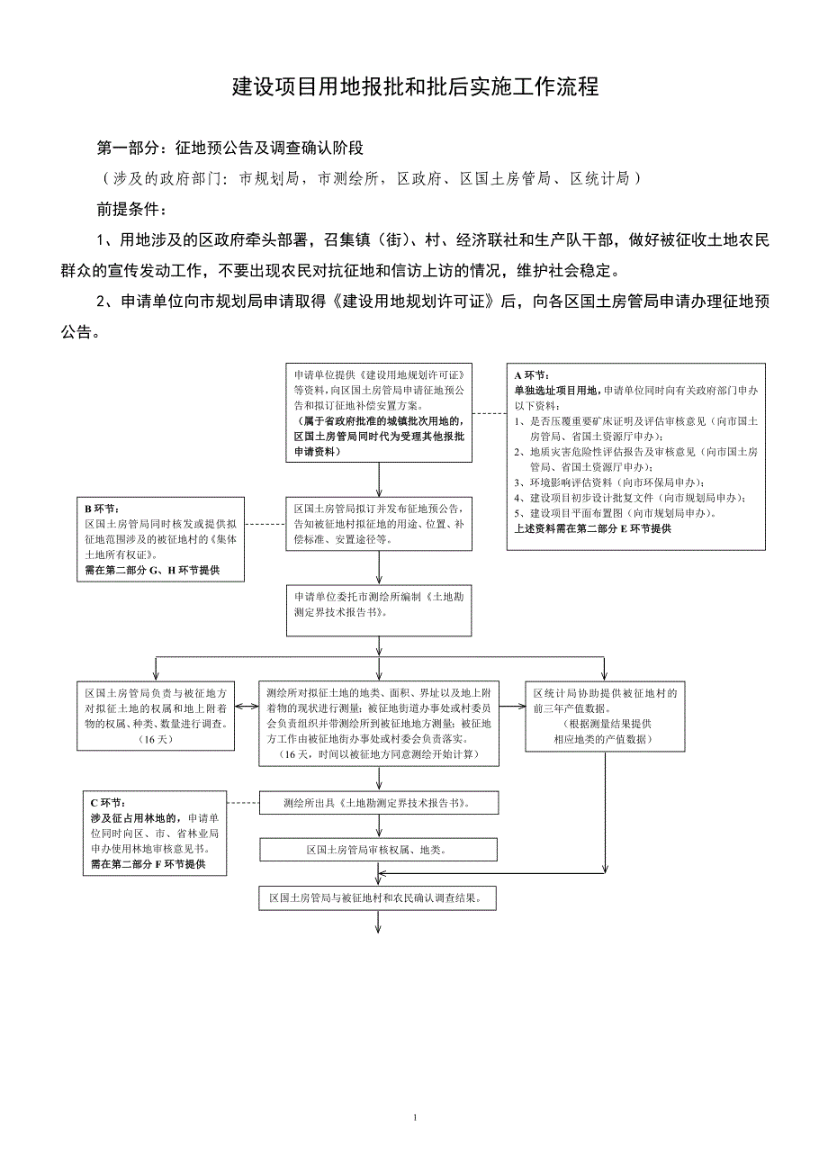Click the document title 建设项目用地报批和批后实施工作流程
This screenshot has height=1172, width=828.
pos(415,88)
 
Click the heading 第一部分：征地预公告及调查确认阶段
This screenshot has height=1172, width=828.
pos(229,148)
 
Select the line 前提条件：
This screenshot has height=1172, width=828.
pos(131,210)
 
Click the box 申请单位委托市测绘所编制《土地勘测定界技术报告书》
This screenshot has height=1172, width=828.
pos(379,609)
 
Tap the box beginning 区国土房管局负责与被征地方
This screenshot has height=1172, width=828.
pos(157,716)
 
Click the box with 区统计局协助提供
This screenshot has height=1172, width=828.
pos(602,716)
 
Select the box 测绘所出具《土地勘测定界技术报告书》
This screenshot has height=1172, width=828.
pos(379,802)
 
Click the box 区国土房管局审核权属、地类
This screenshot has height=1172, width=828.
pos(379,849)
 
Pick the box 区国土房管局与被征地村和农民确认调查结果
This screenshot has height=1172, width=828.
pos(379,897)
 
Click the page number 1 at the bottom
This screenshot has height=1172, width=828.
pos(415,1117)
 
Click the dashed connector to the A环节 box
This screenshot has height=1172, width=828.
pos(489,413)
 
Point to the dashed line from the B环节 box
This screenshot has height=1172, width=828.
pos(263,524)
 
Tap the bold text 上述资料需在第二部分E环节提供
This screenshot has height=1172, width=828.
pos(592,528)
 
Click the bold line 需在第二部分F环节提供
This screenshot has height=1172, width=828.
pos(148,863)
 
